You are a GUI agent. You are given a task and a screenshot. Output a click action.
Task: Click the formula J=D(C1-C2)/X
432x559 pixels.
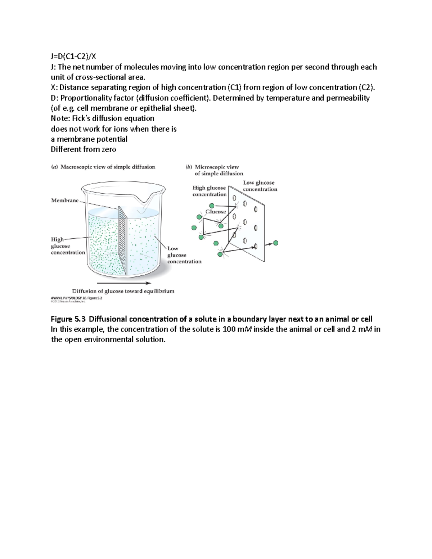pos(73,56)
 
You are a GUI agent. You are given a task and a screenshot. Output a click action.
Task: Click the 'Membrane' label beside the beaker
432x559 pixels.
pos(65,200)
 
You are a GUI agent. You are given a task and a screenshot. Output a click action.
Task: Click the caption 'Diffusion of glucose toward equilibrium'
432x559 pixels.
pos(123,291)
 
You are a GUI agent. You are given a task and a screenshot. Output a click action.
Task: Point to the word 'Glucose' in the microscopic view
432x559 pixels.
pos(216,212)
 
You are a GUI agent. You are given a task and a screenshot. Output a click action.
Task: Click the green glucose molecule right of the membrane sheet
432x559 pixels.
pos(276,243)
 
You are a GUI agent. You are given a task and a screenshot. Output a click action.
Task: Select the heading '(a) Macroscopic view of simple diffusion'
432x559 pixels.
pos(103,167)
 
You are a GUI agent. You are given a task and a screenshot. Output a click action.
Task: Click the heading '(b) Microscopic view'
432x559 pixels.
pos(212,167)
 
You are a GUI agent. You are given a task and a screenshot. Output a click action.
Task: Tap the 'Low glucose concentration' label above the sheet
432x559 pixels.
pos(260,186)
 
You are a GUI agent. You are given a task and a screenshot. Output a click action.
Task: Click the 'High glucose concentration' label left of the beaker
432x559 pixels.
pos(68,246)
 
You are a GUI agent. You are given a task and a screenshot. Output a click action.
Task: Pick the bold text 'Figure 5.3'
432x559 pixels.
pos(68,319)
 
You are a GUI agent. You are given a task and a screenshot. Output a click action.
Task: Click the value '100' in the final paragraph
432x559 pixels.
pos(229,329)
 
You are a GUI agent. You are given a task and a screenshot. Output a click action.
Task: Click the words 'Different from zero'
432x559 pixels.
pos(84,149)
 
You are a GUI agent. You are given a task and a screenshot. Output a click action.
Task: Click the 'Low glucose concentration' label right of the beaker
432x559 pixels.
pos(184,255)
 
